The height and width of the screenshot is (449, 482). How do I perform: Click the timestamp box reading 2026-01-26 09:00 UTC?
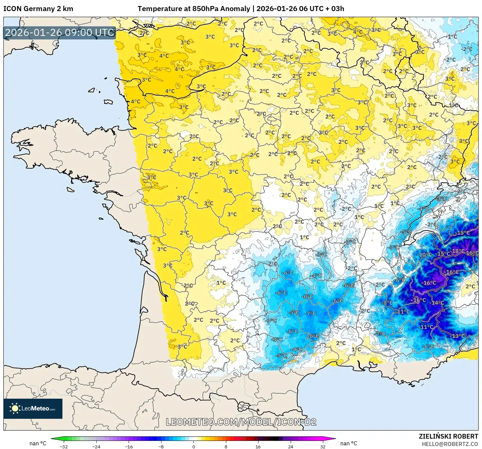pos(60,33)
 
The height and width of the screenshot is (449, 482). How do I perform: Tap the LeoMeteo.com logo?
pos(33,408)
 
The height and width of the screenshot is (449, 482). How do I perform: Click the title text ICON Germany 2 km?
pos(38,9)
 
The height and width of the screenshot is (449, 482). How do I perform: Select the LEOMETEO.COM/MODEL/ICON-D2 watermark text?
pos(241,422)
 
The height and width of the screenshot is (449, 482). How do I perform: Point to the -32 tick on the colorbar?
pos(64,446)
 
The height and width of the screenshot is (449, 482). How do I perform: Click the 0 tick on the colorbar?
pos(193,446)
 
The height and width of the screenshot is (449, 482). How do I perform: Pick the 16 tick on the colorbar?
pos(258,446)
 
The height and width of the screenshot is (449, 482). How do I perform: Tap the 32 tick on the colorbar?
pos(323,446)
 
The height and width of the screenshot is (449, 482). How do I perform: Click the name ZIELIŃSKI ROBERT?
pos(448,436)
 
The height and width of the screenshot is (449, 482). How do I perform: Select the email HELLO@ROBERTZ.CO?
pos(450,444)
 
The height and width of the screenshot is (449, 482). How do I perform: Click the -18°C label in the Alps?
pos(458,251)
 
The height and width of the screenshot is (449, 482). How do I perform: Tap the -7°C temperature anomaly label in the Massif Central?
pos(310,313)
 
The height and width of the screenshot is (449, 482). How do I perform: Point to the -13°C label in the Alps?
pos(459,336)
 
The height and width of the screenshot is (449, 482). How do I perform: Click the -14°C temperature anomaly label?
pos(437,303)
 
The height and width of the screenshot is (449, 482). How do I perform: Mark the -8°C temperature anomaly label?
pos(387,303)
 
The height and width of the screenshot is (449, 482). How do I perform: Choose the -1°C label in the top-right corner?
pos(452,37)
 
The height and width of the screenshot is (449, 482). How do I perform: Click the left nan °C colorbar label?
pos(38,443)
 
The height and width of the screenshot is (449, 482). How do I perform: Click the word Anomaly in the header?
pos(237,9)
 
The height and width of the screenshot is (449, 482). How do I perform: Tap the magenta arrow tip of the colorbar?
pos(333,439)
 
